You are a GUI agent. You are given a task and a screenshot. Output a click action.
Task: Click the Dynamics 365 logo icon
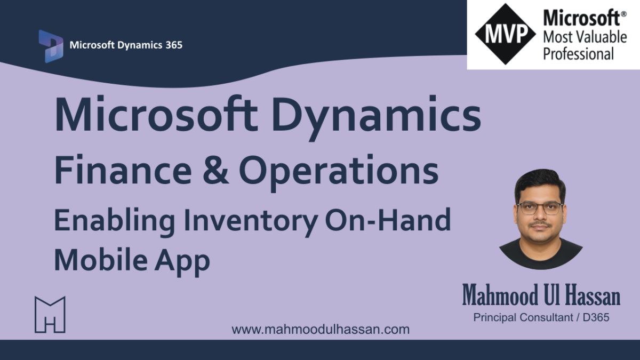click(x=51, y=46)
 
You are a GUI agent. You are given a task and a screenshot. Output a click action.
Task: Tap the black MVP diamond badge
click(x=506, y=34)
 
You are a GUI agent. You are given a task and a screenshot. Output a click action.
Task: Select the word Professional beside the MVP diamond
click(x=579, y=54)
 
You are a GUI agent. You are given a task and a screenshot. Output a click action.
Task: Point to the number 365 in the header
click(x=174, y=45)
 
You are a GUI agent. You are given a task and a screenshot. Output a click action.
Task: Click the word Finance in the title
click(x=123, y=171)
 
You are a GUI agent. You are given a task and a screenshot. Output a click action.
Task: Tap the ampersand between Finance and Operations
click(x=215, y=171)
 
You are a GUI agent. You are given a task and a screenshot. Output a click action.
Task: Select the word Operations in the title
click(x=339, y=172)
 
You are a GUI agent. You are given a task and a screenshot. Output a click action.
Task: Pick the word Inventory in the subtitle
click(x=251, y=223)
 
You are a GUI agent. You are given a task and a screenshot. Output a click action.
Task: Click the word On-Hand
click(x=388, y=220)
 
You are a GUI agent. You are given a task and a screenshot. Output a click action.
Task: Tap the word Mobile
click(x=101, y=260)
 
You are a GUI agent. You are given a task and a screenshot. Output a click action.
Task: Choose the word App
click(x=182, y=262)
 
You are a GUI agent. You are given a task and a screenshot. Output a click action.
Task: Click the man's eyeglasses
click(x=539, y=209)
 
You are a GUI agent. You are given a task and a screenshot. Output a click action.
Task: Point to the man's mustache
click(x=540, y=225)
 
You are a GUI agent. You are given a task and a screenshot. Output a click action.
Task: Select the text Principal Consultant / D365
click(x=541, y=317)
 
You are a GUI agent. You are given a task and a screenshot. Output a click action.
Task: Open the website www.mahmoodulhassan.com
click(x=321, y=330)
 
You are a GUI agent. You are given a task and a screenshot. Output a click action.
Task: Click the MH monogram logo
click(x=50, y=315)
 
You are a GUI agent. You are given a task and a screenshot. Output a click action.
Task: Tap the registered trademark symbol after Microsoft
click(x=623, y=14)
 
